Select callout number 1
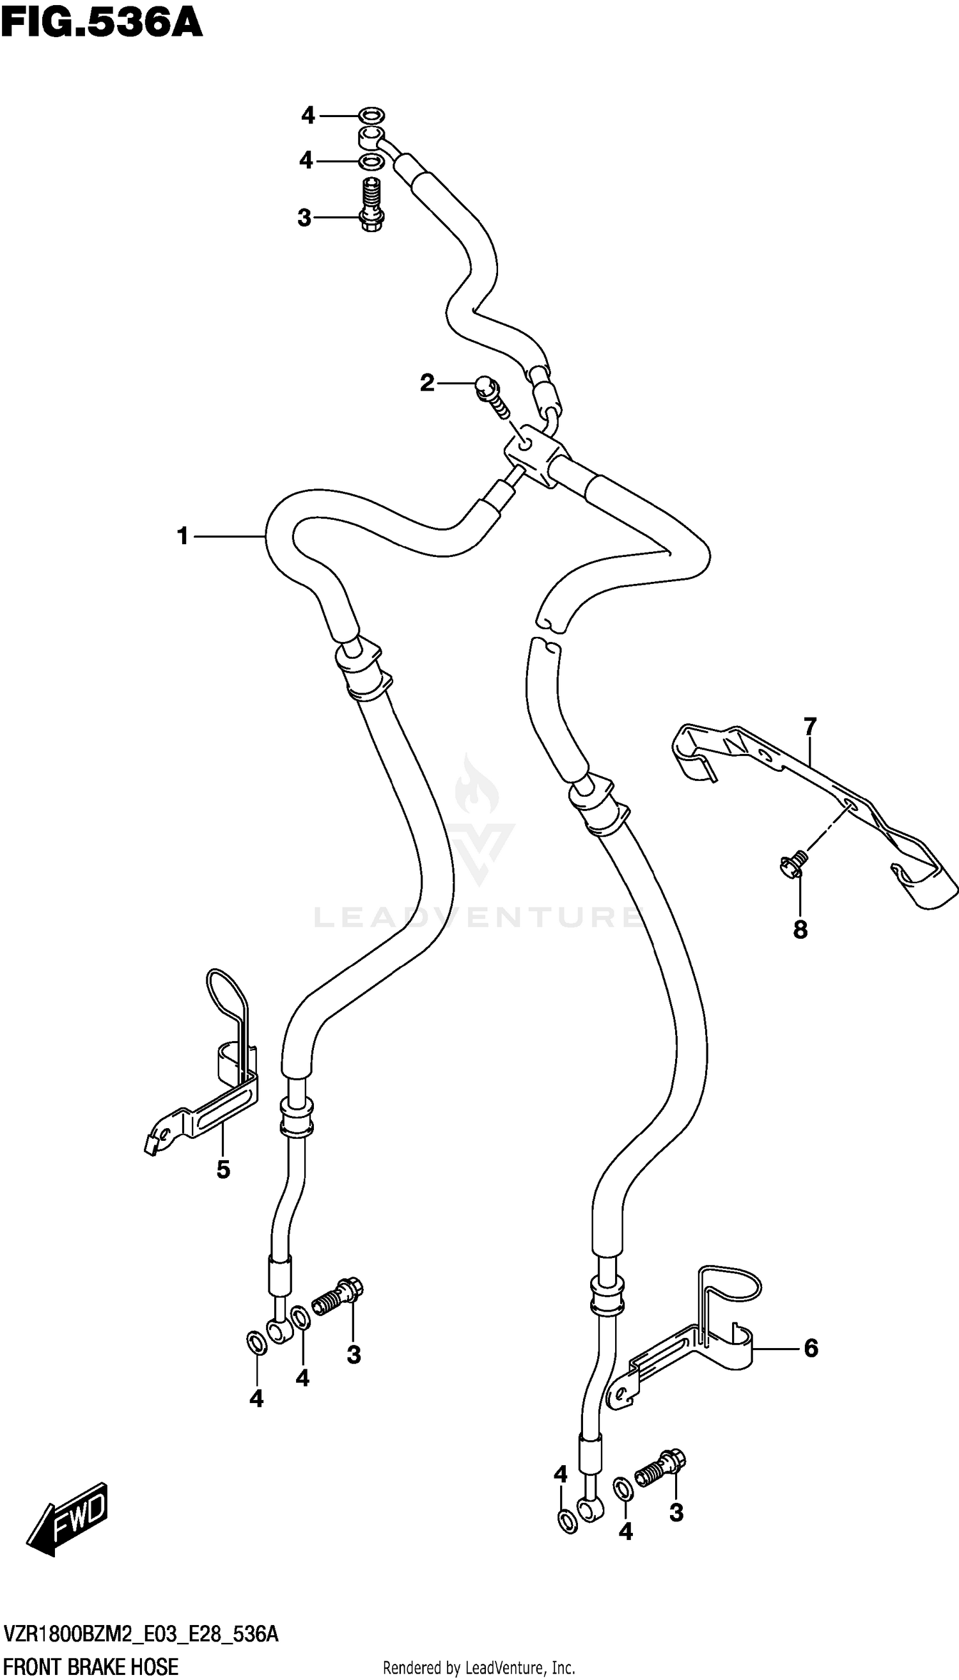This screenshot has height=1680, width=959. [182, 537]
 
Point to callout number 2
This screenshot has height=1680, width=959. [428, 382]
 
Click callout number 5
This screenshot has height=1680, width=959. [223, 1170]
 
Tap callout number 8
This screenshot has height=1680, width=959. [800, 930]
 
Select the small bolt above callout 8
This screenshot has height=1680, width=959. [793, 863]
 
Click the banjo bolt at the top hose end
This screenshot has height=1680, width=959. [373, 204]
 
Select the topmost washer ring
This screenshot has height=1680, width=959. [373, 115]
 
